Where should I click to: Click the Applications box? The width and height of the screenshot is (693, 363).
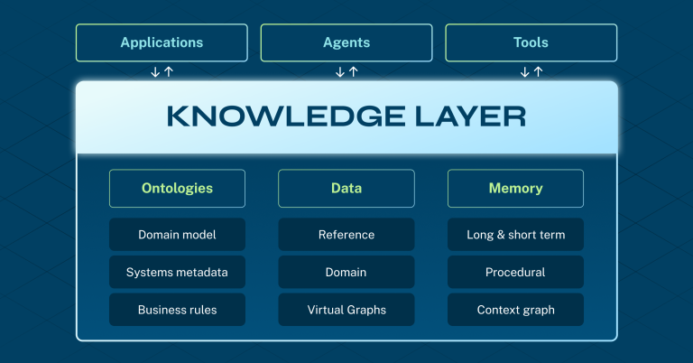tap(162, 42)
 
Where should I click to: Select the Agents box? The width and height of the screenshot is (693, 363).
tap(346, 42)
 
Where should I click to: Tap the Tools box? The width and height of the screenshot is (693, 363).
tap(531, 42)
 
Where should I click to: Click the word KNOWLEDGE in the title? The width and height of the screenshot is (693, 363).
tap(286, 116)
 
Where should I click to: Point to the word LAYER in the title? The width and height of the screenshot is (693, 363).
tap(471, 116)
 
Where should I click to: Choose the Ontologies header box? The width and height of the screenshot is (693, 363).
tap(177, 189)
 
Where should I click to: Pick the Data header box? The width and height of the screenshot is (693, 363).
tap(346, 189)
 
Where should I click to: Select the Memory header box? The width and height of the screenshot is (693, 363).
tap(515, 189)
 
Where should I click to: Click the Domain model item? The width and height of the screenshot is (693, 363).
tap(177, 235)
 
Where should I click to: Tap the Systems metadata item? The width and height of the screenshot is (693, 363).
tap(177, 272)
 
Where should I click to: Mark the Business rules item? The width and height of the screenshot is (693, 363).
tap(177, 310)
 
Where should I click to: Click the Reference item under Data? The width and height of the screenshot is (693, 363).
tap(346, 235)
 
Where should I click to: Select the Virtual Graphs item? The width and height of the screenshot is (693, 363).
tap(346, 310)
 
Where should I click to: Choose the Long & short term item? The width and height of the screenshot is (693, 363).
tap(515, 235)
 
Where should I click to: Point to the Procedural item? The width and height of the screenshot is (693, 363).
tap(515, 272)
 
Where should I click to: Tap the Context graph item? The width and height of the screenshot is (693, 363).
tap(515, 310)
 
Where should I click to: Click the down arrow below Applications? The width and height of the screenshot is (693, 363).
tap(155, 71)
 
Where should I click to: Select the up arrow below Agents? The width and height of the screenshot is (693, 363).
tap(354, 71)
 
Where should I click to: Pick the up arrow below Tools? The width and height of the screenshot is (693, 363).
tap(539, 71)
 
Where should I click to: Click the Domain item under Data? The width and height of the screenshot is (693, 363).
tap(346, 272)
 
